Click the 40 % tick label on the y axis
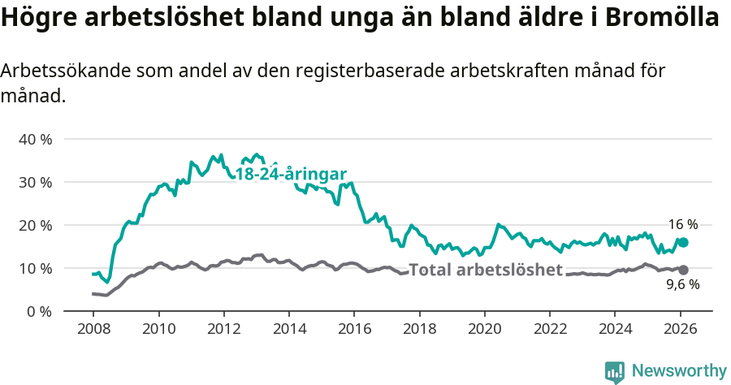coord(34,139)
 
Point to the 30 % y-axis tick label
coord(34,182)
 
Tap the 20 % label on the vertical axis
coord(34,225)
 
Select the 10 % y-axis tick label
coord(34,268)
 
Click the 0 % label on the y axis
coord(38,311)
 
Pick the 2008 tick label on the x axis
coord(93,331)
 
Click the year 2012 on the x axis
coord(223,331)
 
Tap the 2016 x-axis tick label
coord(354,331)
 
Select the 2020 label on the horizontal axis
coord(484,331)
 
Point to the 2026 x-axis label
coord(680,331)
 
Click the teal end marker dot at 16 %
coord(683,242)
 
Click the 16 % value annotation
coord(683,224)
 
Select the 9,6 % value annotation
coord(683,285)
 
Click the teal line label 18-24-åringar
coord(291,174)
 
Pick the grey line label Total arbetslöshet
coord(485,270)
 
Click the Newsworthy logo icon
coord(615,371)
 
